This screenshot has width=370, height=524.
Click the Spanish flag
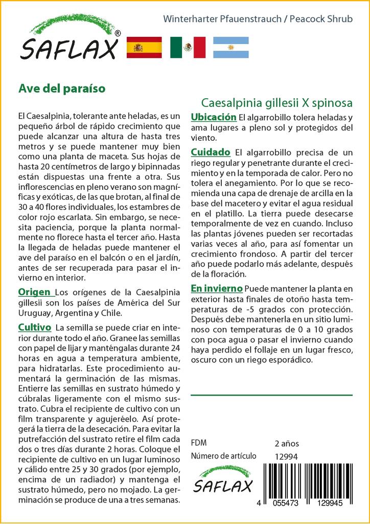(x=144, y=47)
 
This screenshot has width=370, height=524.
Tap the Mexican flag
(x=187, y=47)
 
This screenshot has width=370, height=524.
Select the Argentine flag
(x=230, y=47)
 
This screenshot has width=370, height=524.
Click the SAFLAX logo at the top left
(x=69, y=41)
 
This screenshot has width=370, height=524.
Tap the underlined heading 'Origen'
(x=35, y=292)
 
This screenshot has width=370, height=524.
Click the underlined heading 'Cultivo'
(x=34, y=327)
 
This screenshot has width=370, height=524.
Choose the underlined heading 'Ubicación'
(x=213, y=117)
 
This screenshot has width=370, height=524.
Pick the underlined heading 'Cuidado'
(x=211, y=152)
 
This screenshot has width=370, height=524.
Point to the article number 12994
(x=286, y=456)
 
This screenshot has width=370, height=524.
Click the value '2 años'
(x=287, y=443)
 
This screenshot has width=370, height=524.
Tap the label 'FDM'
(x=199, y=443)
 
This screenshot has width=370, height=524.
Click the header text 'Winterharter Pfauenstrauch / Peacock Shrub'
(x=258, y=19)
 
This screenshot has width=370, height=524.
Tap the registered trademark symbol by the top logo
(x=118, y=34)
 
